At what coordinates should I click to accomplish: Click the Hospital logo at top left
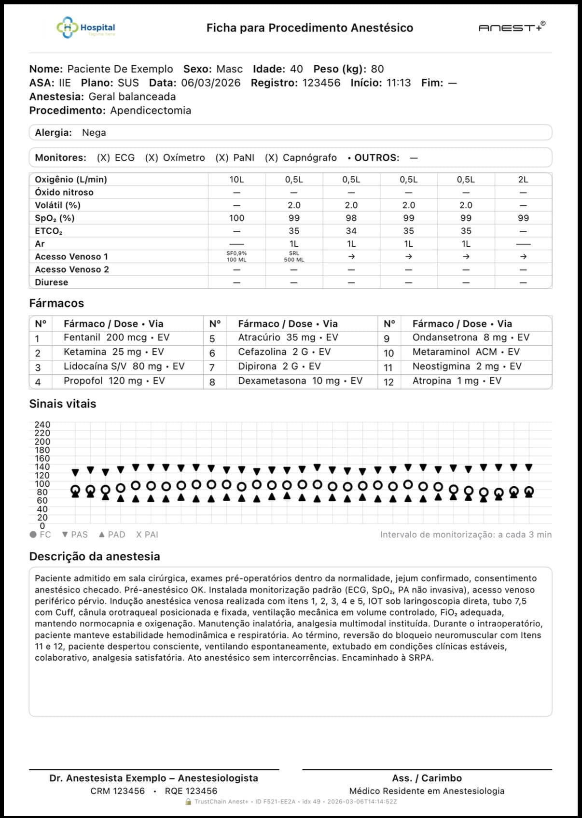86,28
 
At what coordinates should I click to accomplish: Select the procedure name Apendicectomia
151,111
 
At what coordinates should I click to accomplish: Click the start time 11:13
399,83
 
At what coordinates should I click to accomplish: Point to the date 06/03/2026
210,83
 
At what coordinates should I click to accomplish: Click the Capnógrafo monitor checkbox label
301,158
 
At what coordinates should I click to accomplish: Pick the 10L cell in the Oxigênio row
236,180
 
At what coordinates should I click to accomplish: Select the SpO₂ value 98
351,218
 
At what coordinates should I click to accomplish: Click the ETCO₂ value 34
351,231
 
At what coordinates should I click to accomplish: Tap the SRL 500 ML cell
294,256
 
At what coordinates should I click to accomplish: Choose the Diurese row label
51,282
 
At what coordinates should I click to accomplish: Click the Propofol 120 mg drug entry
114,381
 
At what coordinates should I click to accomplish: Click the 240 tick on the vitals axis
42,425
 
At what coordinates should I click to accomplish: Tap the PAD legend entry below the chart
112,535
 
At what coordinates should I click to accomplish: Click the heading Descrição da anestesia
95,556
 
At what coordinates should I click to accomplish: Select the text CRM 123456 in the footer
118,791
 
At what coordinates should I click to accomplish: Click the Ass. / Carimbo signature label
427,778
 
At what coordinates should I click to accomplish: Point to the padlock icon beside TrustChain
188,802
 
